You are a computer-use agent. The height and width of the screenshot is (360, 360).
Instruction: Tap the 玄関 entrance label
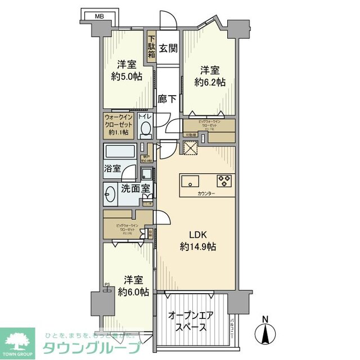click(x=168, y=48)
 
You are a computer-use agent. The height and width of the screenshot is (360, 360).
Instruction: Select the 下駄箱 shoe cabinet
click(x=152, y=46)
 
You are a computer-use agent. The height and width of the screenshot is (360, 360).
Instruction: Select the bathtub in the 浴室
click(x=119, y=153)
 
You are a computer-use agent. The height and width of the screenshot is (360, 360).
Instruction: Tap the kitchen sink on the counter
click(x=190, y=181)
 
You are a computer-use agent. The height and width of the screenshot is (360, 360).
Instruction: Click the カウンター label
click(x=206, y=193)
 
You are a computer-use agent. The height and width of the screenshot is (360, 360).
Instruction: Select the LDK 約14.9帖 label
click(x=199, y=240)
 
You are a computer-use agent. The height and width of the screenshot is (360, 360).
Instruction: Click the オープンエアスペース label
click(x=190, y=321)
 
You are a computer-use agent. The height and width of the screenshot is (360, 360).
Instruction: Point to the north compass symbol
click(x=267, y=331)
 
